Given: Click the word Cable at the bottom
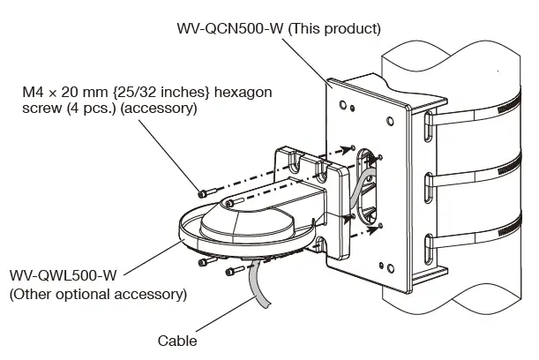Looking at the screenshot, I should point(177,341).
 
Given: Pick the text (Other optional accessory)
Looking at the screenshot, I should point(98,293).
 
